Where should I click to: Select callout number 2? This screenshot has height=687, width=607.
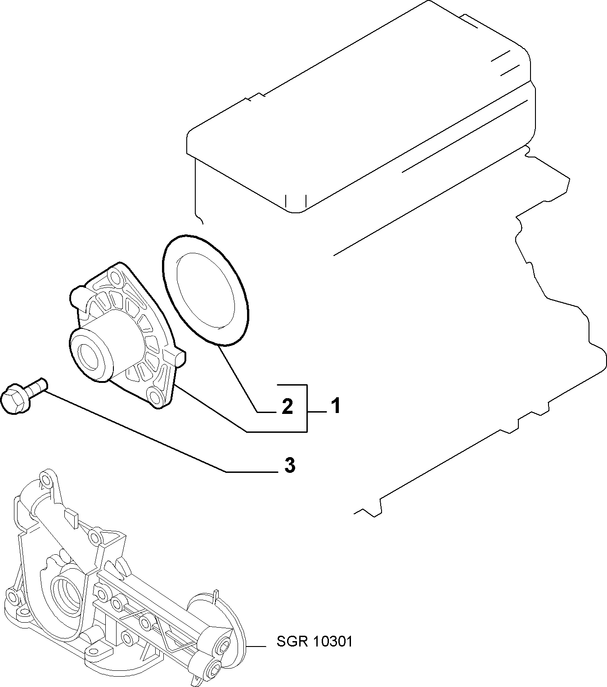click(287, 406)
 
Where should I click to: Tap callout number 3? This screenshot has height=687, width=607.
click(290, 465)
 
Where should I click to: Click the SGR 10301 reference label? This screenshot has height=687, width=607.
click(315, 642)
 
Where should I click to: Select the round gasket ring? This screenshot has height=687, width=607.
click(206, 290)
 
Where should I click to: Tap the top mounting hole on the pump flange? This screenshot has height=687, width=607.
click(116, 278)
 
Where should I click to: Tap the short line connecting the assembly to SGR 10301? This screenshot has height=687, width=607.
click(256, 646)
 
